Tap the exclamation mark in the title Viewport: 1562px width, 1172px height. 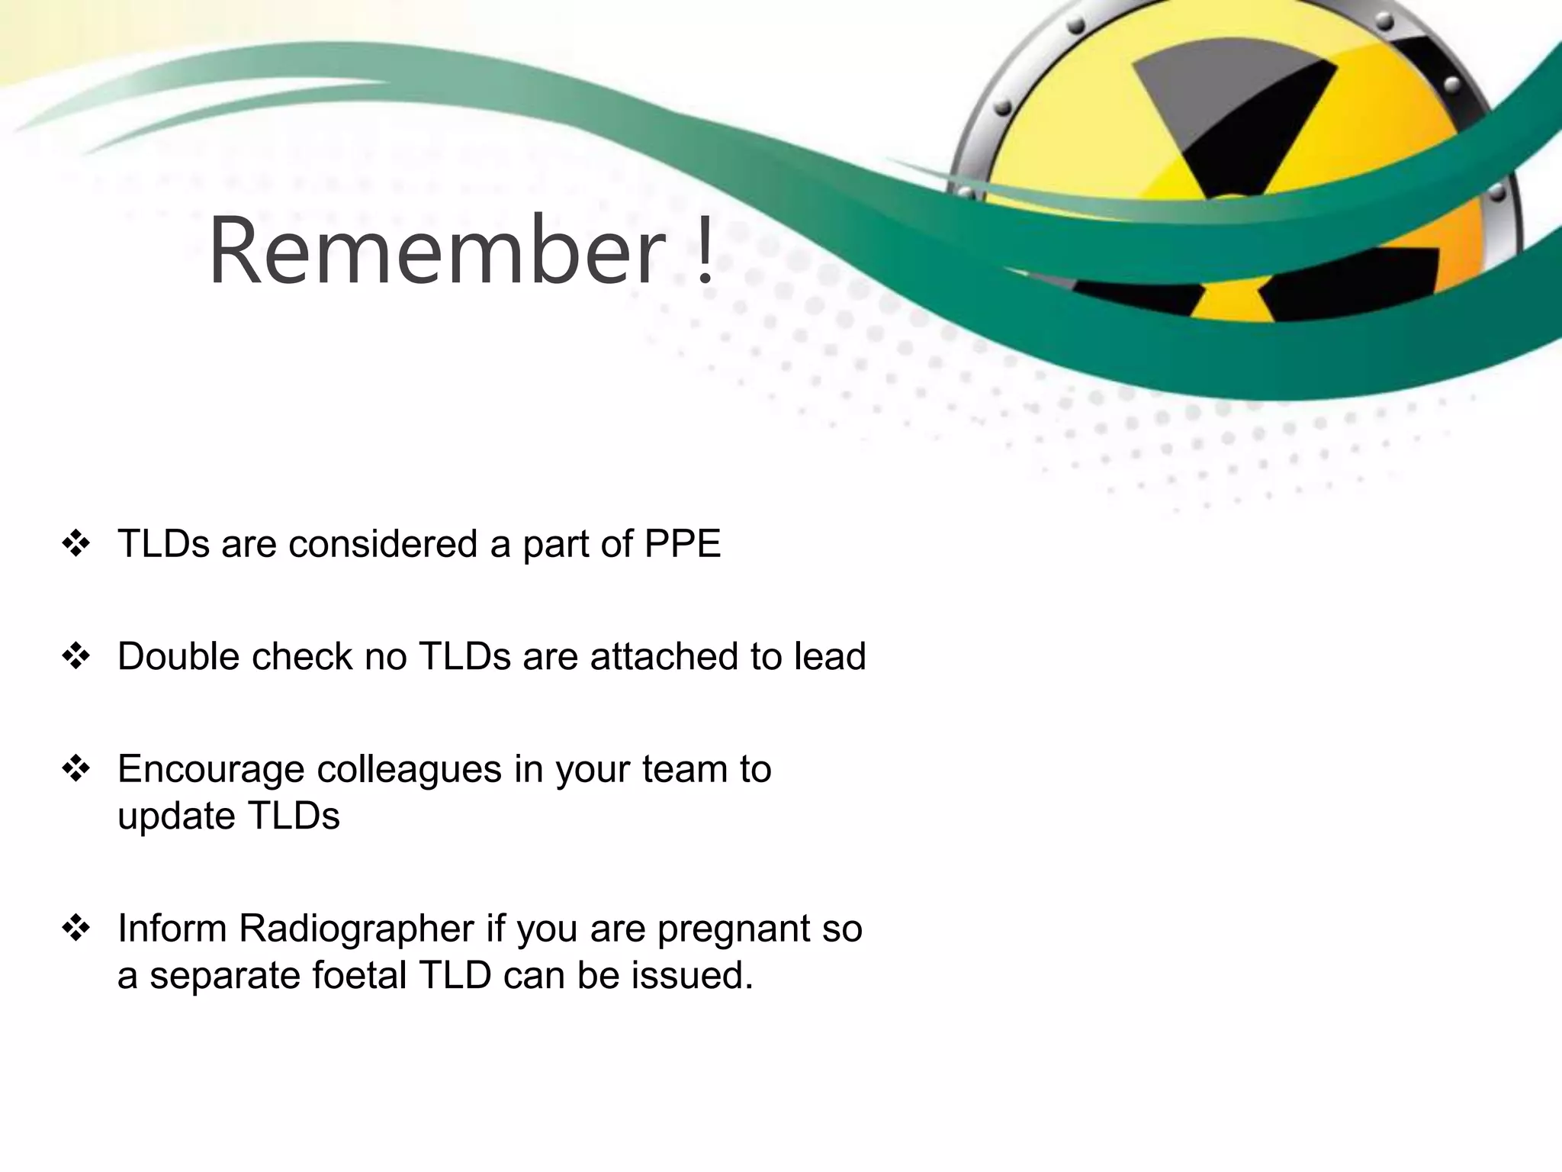pyautogui.click(x=705, y=250)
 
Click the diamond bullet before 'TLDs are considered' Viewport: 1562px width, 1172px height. pyautogui.click(x=76, y=544)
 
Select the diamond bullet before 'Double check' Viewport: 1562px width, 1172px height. pyautogui.click(x=76, y=656)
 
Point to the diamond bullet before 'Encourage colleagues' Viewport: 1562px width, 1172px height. pyautogui.click(x=76, y=768)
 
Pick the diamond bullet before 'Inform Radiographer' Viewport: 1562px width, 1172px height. pyautogui.click(x=76, y=929)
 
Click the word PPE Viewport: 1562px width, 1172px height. pyautogui.click(x=683, y=544)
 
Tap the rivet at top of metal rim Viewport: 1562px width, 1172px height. pyautogui.click(x=1075, y=25)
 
